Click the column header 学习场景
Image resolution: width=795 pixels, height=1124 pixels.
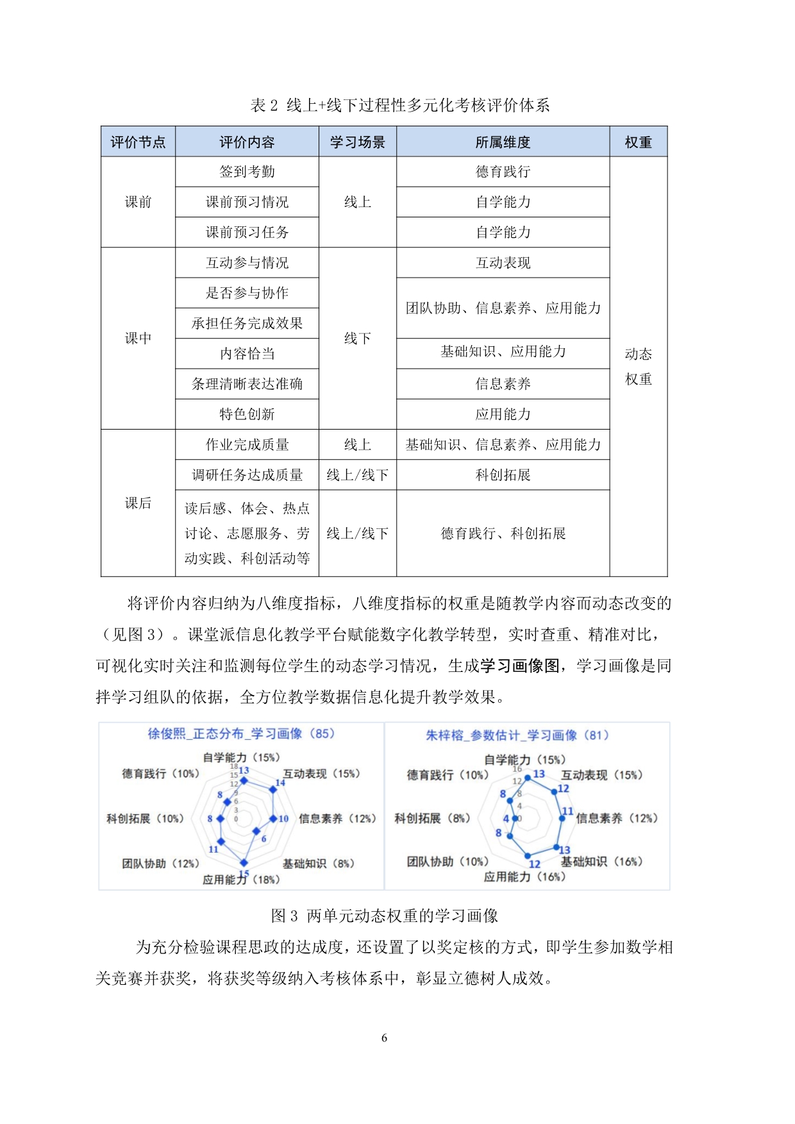click(357, 142)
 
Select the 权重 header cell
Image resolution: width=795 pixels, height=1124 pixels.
click(638, 142)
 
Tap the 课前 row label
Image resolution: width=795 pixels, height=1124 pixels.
click(138, 202)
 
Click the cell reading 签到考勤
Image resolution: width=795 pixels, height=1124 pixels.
click(247, 172)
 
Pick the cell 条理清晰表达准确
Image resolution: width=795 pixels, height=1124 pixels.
click(247, 384)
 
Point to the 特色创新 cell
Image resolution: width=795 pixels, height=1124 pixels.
click(247, 414)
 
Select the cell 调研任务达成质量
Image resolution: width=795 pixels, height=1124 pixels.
click(247, 475)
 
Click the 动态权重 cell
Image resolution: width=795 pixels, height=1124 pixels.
click(638, 367)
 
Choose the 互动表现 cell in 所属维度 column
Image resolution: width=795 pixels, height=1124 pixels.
click(503, 263)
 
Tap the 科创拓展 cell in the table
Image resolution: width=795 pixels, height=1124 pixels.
click(503, 475)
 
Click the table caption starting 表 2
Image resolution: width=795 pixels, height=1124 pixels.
click(399, 106)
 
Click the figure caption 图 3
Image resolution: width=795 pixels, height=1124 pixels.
click(384, 916)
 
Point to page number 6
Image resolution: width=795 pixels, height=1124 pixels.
click(384, 1038)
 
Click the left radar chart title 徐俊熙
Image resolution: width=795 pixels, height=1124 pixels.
click(241, 734)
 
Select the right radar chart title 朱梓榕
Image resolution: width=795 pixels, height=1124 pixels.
click(517, 735)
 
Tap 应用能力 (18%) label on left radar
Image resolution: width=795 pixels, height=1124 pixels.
click(241, 880)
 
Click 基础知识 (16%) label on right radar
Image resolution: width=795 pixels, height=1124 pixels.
click(601, 862)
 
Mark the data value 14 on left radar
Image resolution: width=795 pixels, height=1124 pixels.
click(280, 783)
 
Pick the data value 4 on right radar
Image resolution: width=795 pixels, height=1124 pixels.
click(506, 819)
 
